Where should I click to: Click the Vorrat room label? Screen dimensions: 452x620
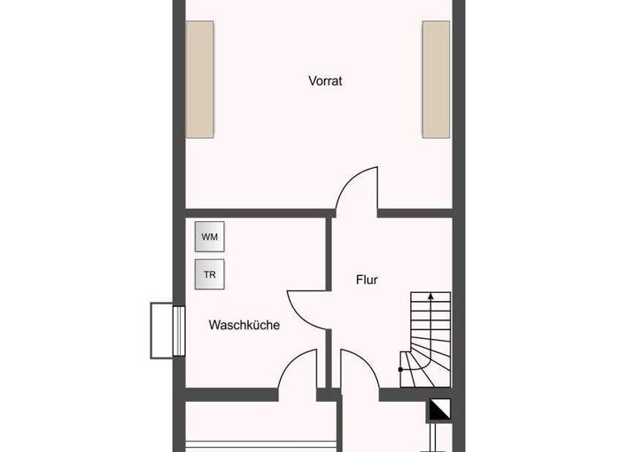pos(325,81)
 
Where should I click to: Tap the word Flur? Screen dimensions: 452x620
pos(367,280)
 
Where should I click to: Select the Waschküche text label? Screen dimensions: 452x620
pos(244,325)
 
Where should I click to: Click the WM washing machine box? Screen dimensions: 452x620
pos(210,237)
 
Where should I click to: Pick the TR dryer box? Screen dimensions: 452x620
pos(210,274)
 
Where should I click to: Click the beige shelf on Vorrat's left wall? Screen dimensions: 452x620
pos(200,79)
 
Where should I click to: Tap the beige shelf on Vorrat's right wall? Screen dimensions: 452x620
pos(436,79)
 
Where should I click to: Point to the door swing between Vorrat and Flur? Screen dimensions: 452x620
pos(358,190)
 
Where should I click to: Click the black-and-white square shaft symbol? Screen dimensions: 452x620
pos(439,412)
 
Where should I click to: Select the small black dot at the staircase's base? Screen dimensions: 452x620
pos(401,369)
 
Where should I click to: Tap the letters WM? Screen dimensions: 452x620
pos(210,237)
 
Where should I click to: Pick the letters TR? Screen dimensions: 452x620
pos(210,274)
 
